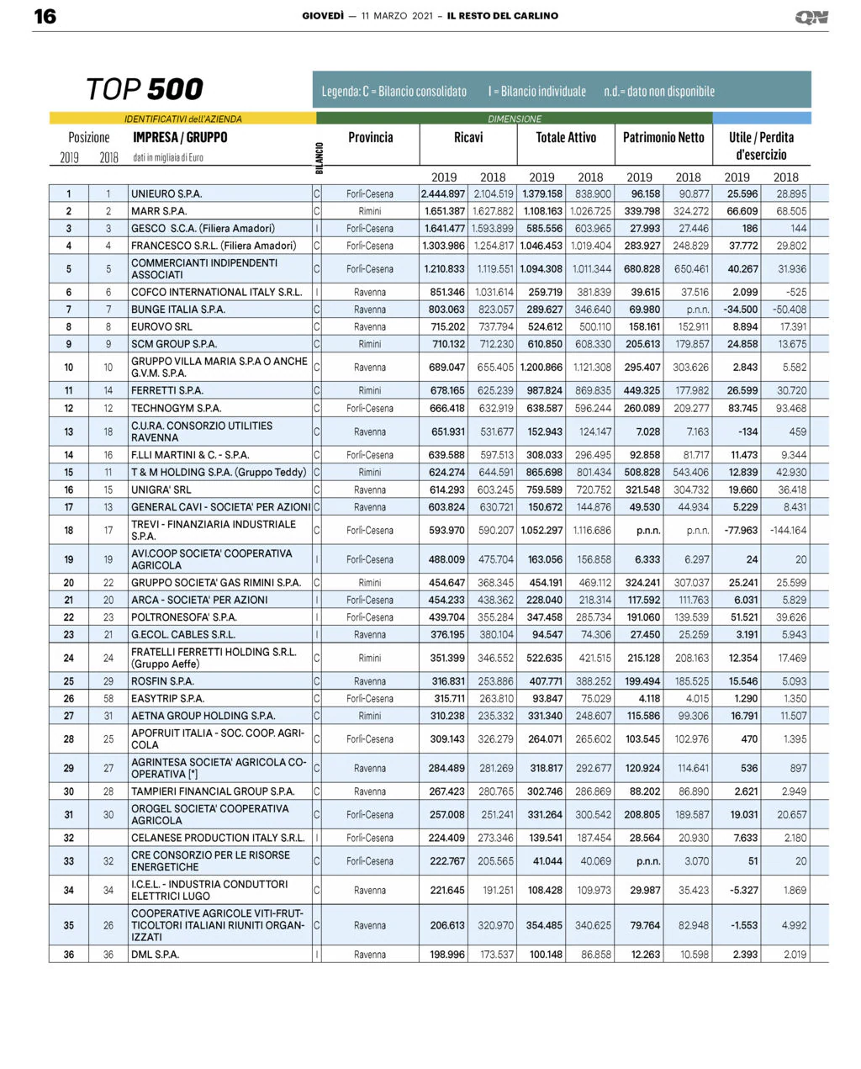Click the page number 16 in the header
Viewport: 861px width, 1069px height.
click(45, 17)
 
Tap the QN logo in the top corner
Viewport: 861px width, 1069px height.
click(811, 17)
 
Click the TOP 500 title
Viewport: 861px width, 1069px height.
click(145, 89)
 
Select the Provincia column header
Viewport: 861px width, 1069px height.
click(370, 137)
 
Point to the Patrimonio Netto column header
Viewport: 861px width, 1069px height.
click(663, 137)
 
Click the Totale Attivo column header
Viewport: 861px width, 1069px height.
click(566, 137)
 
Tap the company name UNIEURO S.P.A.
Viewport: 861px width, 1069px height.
click(166, 193)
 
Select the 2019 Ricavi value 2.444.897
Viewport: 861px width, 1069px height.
click(443, 193)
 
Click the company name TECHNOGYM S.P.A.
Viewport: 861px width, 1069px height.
click(176, 408)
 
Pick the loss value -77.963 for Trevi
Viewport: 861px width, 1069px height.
click(741, 531)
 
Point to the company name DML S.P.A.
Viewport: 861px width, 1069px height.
click(155, 955)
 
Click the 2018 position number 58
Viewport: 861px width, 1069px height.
click(108, 699)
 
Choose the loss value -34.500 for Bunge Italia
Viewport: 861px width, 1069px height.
click(741, 310)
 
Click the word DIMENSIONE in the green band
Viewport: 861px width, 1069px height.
click(515, 119)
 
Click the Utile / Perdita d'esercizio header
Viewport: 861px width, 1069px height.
click(761, 146)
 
